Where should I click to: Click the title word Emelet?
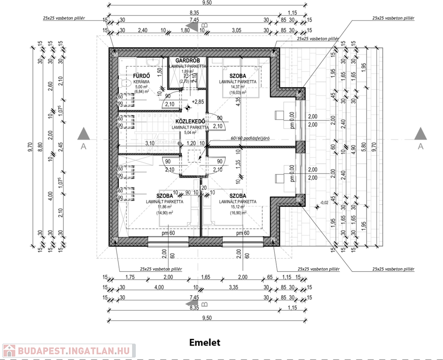tap(205, 343)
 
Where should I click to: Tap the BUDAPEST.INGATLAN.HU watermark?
tap(68, 350)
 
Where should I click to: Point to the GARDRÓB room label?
tap(188, 61)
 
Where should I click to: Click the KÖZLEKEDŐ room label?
tap(190, 121)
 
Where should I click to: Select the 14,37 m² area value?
tap(237, 87)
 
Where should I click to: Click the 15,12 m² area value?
tap(237, 207)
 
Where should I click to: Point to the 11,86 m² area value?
tap(164, 207)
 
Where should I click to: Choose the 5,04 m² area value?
tap(190, 133)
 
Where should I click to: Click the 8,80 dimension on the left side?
tap(41, 146)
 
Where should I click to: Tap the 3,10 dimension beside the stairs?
tap(150, 143)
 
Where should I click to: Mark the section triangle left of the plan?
tap(83, 134)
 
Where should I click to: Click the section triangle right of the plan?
tap(420, 134)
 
